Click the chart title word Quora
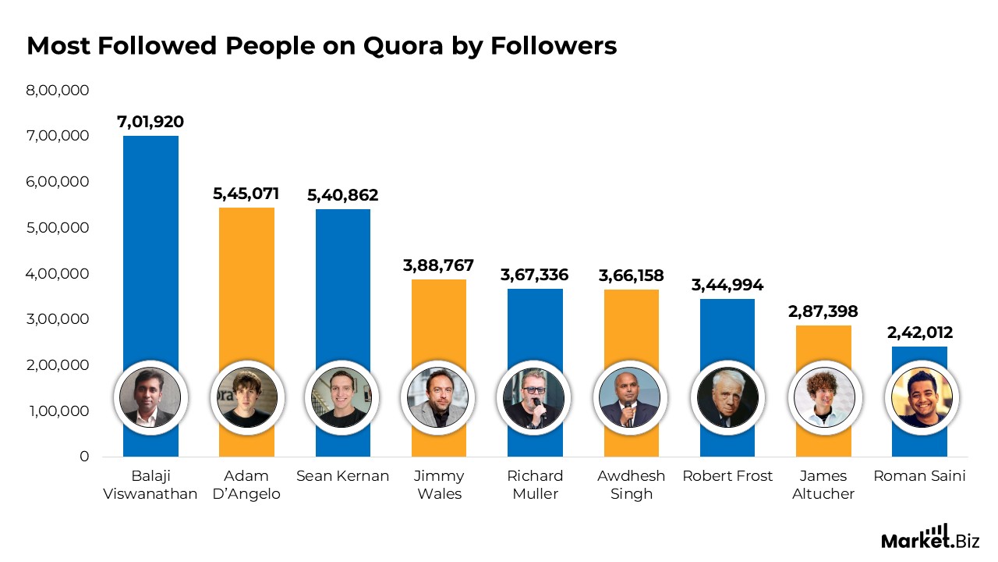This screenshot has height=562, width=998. (x=403, y=47)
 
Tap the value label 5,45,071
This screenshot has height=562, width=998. (x=246, y=194)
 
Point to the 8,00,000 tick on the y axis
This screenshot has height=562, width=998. (x=58, y=91)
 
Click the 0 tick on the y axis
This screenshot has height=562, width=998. (x=84, y=457)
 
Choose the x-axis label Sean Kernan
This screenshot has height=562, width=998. (x=342, y=476)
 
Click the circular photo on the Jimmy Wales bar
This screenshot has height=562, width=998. (x=438, y=397)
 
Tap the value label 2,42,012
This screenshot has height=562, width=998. (x=920, y=333)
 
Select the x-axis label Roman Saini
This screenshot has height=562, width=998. (x=919, y=476)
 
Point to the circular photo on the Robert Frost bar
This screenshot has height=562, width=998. (x=727, y=397)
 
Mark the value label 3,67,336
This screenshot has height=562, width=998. (x=534, y=275)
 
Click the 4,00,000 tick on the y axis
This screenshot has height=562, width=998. (x=58, y=274)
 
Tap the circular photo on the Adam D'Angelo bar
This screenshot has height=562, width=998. (x=246, y=397)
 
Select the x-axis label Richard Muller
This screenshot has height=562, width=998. (x=535, y=485)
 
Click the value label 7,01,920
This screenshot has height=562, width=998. (x=150, y=122)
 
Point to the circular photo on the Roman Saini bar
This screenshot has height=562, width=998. (x=920, y=397)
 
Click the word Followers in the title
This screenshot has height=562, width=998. (x=554, y=47)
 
